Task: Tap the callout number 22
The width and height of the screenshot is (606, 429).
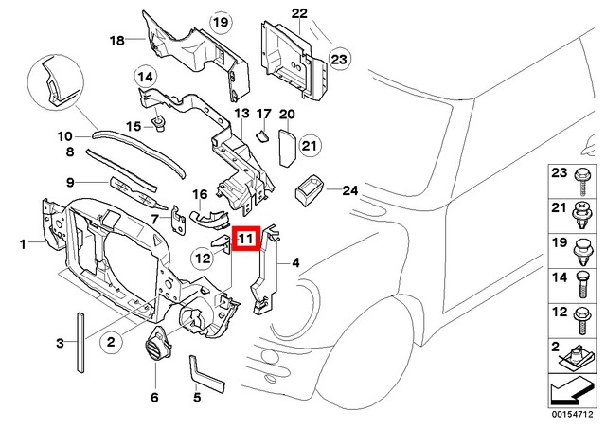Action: [299, 13]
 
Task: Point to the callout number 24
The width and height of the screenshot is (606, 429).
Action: [350, 190]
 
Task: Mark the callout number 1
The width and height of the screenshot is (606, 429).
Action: [23, 244]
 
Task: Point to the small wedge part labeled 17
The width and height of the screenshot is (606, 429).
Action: [256, 136]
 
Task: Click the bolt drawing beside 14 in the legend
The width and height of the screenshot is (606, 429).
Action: [579, 281]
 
